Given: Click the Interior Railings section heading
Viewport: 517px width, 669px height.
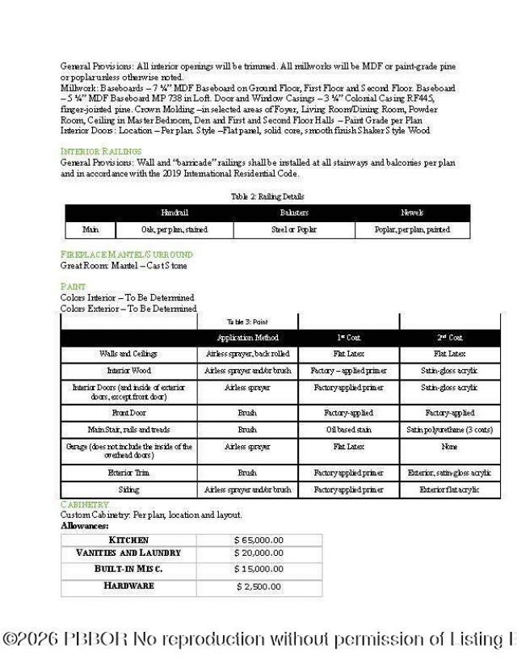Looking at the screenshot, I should [x=101, y=151].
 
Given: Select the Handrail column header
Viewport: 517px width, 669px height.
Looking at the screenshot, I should [x=174, y=212].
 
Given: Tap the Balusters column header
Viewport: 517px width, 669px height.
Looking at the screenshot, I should [x=294, y=212].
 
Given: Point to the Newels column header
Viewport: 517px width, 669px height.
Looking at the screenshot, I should [x=412, y=212].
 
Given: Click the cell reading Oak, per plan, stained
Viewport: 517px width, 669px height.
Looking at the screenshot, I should [x=174, y=230].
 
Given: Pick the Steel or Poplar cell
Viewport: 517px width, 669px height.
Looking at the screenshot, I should [x=294, y=230].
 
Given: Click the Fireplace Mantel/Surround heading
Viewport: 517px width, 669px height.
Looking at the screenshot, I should [x=127, y=255].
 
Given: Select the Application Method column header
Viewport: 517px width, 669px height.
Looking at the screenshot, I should [x=247, y=338].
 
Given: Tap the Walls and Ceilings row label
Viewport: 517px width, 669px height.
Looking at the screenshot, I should [x=128, y=354].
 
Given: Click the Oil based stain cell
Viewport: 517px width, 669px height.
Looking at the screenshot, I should [x=348, y=430].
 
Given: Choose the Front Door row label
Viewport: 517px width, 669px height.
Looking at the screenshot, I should [x=128, y=413].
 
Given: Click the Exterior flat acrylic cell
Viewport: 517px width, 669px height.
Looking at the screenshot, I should [x=450, y=490].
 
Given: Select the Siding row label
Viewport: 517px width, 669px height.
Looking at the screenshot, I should [x=128, y=490].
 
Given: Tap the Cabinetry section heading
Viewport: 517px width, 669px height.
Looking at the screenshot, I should [x=84, y=504].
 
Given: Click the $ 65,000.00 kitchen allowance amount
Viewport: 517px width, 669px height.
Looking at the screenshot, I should [x=258, y=541].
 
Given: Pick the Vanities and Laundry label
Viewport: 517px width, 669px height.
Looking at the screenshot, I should [x=128, y=553].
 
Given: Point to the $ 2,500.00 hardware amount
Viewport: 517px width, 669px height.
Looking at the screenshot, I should [x=258, y=587].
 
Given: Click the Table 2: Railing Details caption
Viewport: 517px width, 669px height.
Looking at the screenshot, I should [x=267, y=196].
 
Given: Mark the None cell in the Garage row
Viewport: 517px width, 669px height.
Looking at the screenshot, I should [x=450, y=447].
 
